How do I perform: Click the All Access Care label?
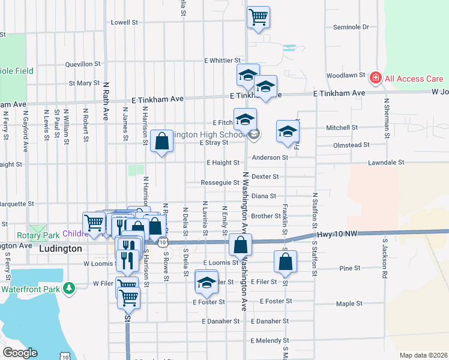pyautogui.click(x=414, y=79)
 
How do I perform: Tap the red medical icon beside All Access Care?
pyautogui.click(x=376, y=78)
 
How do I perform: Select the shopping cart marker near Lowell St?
pyautogui.click(x=258, y=17)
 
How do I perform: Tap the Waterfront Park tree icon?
pyautogui.click(x=70, y=289)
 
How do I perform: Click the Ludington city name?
pyautogui.click(x=60, y=248)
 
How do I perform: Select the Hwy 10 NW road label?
pyautogui.click(x=339, y=233)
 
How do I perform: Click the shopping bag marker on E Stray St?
pyautogui.click(x=162, y=142)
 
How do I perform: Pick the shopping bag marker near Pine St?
pyautogui.click(x=285, y=262)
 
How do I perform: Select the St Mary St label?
pyautogui.click(x=84, y=83)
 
